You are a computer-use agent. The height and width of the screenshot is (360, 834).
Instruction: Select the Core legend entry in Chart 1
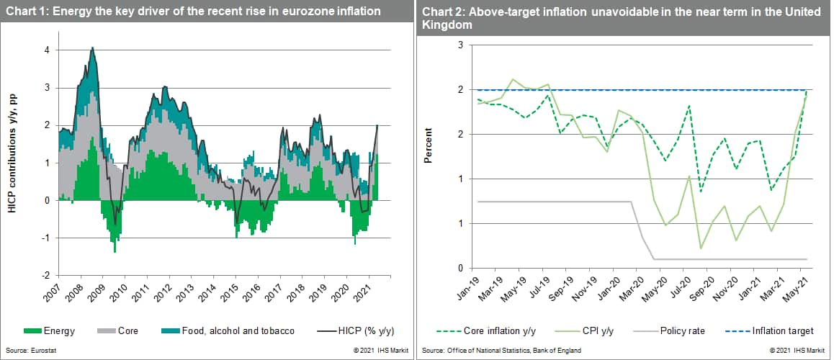point(127,331)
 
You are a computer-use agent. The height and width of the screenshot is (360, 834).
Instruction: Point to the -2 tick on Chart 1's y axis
point(45,276)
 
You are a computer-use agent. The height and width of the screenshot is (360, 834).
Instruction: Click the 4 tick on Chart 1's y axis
point(47,50)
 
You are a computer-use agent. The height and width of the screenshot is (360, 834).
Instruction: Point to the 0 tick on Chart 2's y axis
point(459,269)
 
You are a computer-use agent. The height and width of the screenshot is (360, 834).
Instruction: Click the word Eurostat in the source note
point(37,350)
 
